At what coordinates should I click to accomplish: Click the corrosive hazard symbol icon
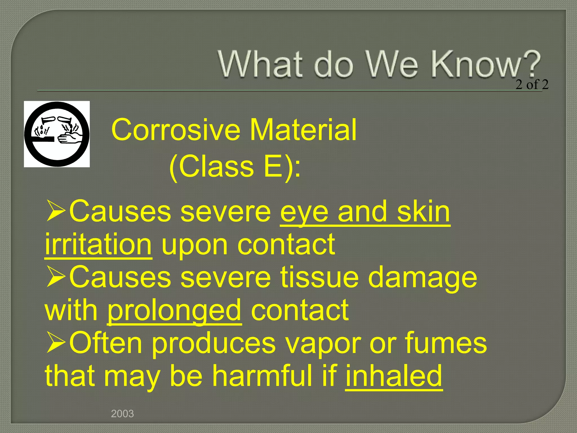[x=57, y=134]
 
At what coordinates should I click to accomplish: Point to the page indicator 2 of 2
[x=532, y=85]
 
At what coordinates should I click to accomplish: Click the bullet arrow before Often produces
[x=56, y=342]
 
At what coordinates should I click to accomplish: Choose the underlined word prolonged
[x=174, y=310]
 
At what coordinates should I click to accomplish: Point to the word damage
[x=423, y=278]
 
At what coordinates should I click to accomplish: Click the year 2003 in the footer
[x=122, y=414]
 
